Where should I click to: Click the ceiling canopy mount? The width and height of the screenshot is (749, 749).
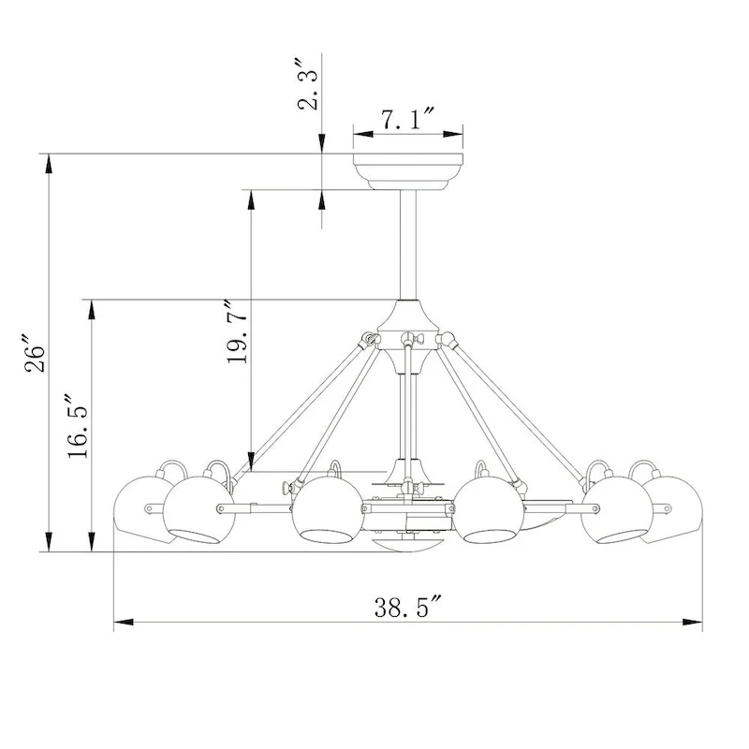click(x=407, y=172)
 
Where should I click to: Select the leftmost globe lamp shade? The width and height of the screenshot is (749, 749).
click(x=142, y=509)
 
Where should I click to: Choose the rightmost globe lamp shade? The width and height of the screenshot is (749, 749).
click(x=672, y=509)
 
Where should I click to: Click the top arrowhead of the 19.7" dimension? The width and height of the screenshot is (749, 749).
click(x=251, y=198)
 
